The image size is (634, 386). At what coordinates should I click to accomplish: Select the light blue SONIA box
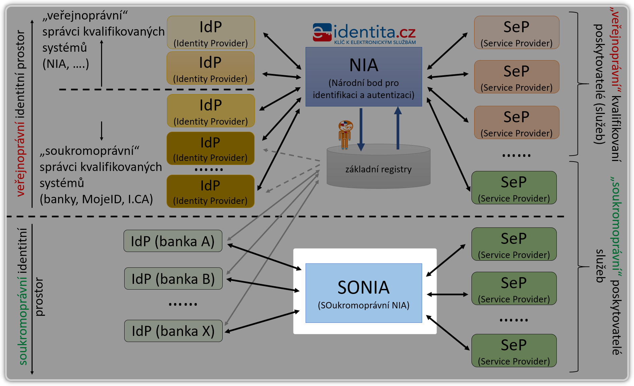[364, 293]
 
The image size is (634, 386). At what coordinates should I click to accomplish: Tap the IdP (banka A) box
[173, 241]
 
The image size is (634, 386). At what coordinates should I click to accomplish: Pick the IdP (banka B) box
[173, 278]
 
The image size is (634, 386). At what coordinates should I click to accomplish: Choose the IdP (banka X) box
[173, 331]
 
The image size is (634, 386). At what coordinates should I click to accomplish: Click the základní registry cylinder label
[378, 169]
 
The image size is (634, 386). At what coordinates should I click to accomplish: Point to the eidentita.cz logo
[364, 33]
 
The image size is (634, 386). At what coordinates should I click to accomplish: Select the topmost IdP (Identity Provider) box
[211, 33]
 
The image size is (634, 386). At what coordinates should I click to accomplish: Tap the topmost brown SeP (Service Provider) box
[516, 33]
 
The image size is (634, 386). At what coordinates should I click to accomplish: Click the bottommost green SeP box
[514, 350]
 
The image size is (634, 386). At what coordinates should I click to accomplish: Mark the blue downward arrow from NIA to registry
[361, 129]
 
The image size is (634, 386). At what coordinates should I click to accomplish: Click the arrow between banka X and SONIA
[262, 322]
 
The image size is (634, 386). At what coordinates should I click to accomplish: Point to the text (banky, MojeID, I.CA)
[96, 199]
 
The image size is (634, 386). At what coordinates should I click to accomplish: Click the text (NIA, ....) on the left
[66, 64]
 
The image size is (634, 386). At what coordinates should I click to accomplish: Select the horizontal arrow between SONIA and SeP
[447, 295]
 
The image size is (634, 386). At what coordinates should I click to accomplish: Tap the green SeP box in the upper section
[514, 188]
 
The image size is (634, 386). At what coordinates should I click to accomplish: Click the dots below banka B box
[183, 304]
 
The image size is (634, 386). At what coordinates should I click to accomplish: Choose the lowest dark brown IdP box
[210, 191]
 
